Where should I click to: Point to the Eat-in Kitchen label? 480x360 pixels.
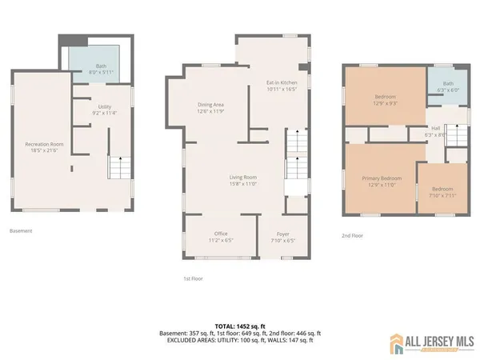(281, 86)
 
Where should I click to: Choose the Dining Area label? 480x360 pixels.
(210, 107)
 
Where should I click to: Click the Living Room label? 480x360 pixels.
(239, 180)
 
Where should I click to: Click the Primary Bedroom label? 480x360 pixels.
(381, 181)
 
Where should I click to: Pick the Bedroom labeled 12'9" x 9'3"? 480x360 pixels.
(385, 99)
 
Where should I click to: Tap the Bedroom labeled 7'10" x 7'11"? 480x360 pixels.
(442, 192)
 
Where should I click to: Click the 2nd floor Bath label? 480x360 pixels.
(448, 86)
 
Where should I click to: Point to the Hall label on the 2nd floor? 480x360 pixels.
(435, 130)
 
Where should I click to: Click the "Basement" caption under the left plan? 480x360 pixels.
(21, 230)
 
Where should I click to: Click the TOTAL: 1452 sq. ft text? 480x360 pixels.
(240, 326)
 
